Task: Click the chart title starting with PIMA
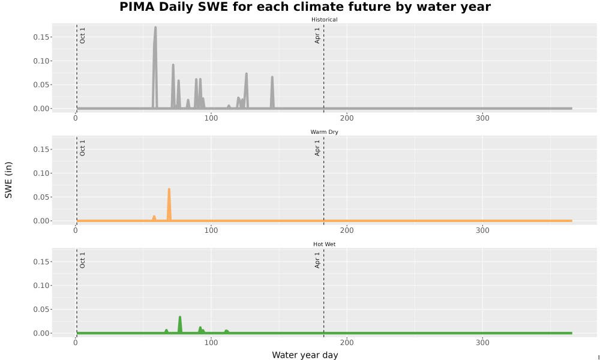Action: pos(305,7)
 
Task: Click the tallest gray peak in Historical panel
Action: pos(155,28)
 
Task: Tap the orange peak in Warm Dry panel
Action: pos(169,190)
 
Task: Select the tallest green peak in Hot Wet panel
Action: pos(180,317)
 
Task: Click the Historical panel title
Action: pos(324,20)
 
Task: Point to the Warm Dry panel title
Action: pos(324,132)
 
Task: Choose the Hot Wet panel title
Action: pos(324,244)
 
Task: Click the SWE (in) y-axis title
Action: pos(8,180)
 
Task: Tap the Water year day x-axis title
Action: pos(305,355)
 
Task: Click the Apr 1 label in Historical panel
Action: pos(317,35)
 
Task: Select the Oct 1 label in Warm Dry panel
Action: pos(82,148)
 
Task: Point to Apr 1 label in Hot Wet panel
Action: pos(317,260)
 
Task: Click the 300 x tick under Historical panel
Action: pos(482,118)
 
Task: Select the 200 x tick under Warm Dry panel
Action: pos(347,230)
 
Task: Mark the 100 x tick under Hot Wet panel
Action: pos(211,343)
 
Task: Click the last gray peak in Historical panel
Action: pos(272,77)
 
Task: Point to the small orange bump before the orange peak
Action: pos(154,217)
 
